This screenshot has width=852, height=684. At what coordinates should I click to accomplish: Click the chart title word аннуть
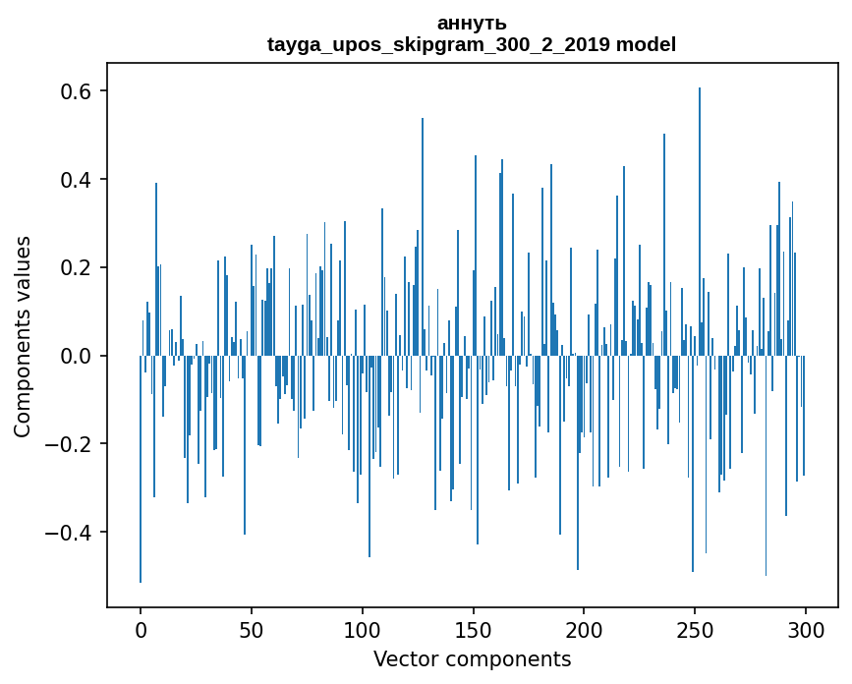click(x=472, y=24)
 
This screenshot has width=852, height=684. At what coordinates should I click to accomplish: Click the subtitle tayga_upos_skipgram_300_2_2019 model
click(x=472, y=44)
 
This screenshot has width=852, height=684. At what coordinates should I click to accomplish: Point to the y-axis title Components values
click(x=23, y=336)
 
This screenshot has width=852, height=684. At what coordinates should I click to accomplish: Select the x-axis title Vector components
click(x=472, y=658)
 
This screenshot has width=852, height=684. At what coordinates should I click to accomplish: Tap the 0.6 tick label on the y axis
click(x=72, y=91)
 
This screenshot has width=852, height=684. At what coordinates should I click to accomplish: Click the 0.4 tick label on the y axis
click(x=72, y=180)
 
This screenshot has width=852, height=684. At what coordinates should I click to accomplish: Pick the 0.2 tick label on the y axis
click(x=72, y=268)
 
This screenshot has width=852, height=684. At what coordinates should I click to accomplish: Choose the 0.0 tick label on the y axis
click(x=72, y=356)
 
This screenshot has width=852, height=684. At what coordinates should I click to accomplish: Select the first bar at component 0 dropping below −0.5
click(x=141, y=472)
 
